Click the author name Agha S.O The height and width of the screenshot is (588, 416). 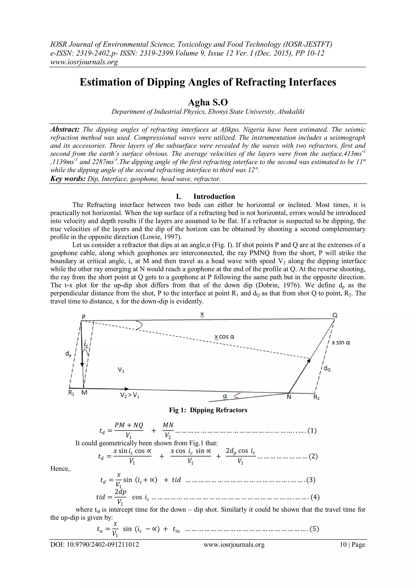(x=208, y=102)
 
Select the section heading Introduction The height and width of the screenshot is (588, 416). (x=214, y=196)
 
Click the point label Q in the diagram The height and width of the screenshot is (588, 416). (x=335, y=315)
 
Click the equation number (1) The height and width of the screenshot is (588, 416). (x=312, y=431)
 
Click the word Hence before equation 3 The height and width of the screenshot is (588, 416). (x=60, y=469)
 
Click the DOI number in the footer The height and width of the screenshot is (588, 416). (x=94, y=545)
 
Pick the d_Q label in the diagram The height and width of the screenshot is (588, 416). (x=327, y=369)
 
